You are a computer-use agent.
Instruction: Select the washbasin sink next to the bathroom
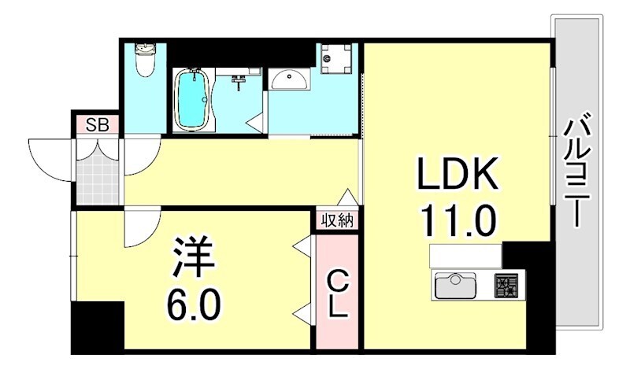pos(291,79)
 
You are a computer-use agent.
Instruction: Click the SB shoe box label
pos(97,124)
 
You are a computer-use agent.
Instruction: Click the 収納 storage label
pos(337,220)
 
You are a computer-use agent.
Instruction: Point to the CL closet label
pos(337,293)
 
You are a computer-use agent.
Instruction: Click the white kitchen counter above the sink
pos(465,256)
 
